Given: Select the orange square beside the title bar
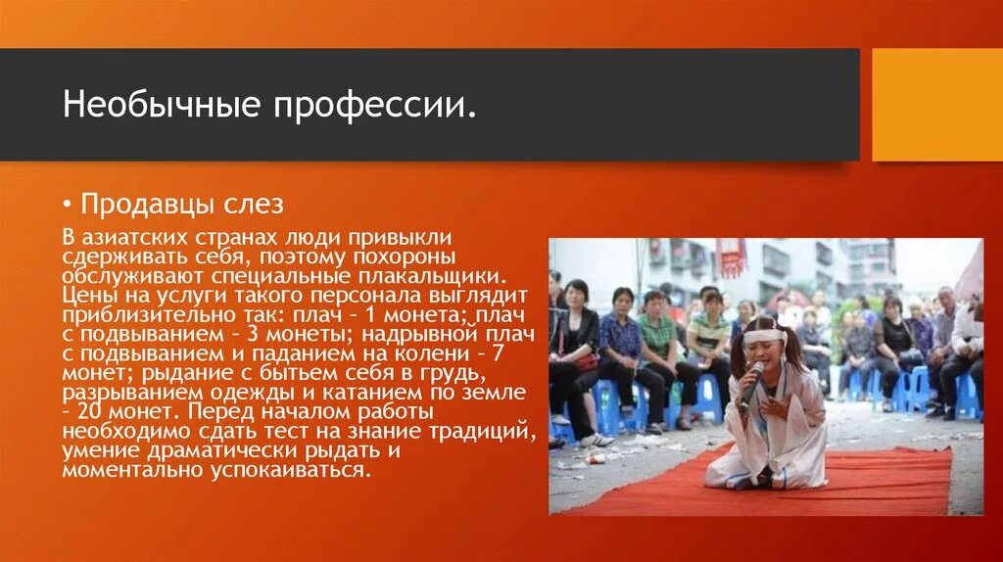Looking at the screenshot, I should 936,105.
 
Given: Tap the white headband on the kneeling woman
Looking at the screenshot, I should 764,335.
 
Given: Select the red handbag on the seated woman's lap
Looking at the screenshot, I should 584,361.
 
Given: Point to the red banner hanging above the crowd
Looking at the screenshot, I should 731,258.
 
